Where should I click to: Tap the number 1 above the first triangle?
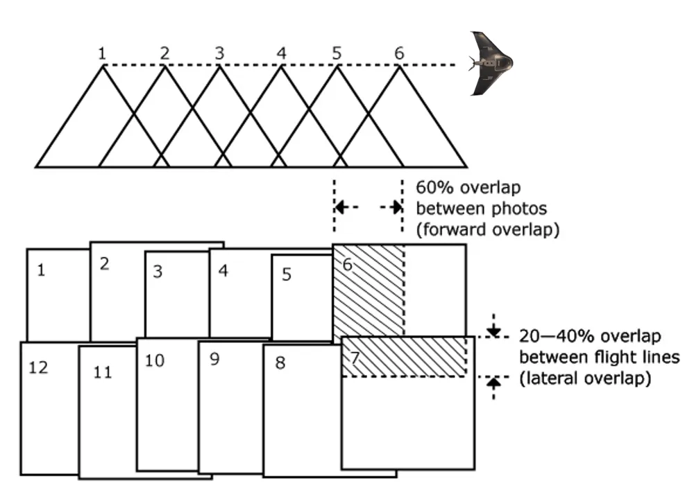coord(103,53)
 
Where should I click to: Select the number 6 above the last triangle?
coord(398,53)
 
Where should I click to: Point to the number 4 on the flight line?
coord(280,53)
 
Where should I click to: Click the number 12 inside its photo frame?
coord(39,367)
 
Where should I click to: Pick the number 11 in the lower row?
coord(103,373)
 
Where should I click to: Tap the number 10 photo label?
coord(155,360)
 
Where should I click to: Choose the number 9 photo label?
coord(214,360)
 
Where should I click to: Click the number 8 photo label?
coord(280,362)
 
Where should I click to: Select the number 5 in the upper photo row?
coord(287,274)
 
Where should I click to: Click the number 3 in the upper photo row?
coord(158,272)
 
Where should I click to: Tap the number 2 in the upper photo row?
coord(105,264)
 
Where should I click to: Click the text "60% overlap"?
coord(468,188)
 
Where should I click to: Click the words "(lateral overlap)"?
coord(585,378)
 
